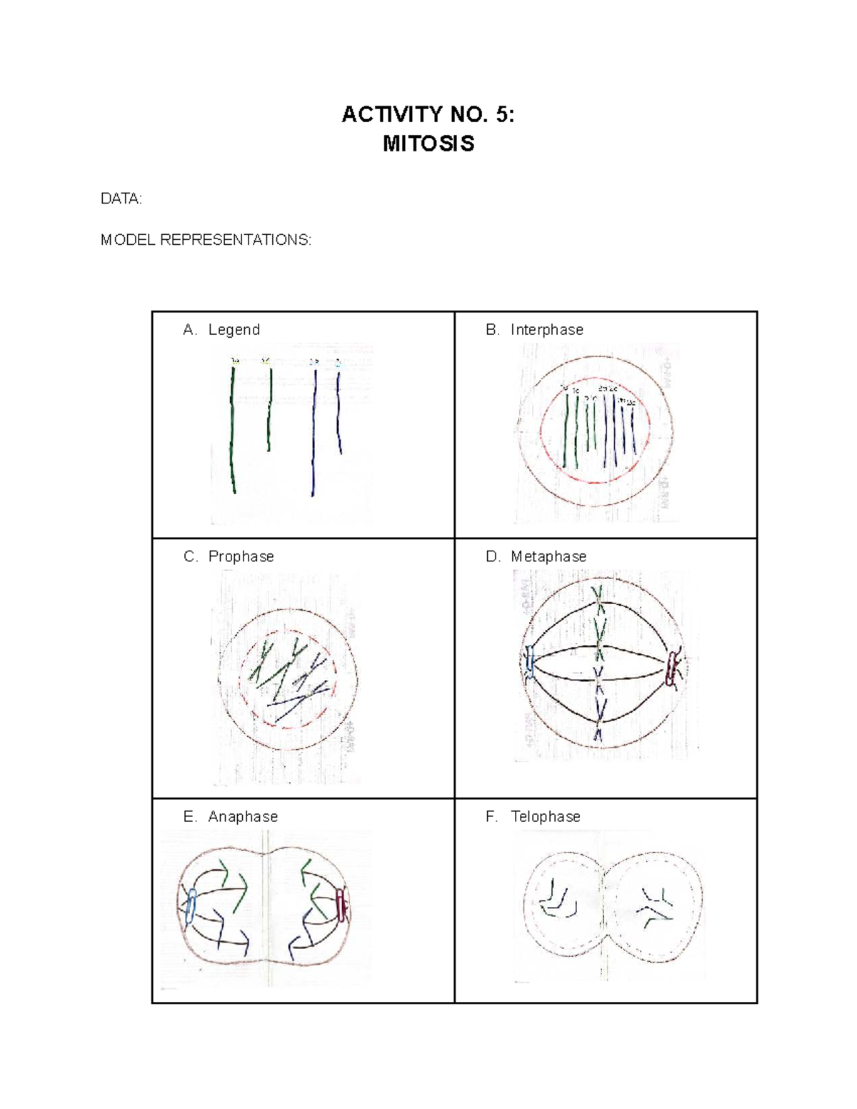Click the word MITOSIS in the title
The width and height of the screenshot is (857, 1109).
click(428, 144)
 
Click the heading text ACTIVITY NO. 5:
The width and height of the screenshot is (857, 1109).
click(428, 114)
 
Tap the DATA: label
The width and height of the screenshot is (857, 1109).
click(121, 199)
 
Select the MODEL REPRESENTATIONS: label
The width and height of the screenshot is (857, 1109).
click(206, 240)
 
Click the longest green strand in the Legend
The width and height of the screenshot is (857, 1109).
click(232, 428)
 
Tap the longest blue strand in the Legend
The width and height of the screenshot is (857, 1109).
click(314, 428)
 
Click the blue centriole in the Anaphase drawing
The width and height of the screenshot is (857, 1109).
click(190, 908)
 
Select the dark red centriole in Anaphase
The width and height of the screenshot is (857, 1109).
click(341, 904)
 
